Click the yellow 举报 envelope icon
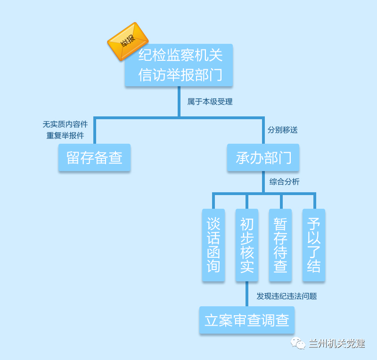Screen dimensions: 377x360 pyautogui.click(x=128, y=41)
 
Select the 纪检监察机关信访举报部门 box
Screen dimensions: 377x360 pyautogui.click(x=179, y=65)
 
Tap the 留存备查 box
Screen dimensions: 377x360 pyautogui.click(x=95, y=157)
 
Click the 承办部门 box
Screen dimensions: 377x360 pyautogui.click(x=263, y=157)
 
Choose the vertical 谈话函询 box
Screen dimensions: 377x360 pyautogui.click(x=213, y=245)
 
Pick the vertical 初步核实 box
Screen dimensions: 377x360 pyautogui.click(x=247, y=245)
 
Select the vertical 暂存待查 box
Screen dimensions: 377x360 pyautogui.click(x=280, y=245)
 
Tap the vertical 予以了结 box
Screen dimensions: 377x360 pyautogui.click(x=314, y=245)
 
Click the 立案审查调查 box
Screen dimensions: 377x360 pyautogui.click(x=247, y=320)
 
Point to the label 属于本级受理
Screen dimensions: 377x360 pyautogui.click(x=210, y=102)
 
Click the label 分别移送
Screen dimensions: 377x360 pyautogui.click(x=282, y=130)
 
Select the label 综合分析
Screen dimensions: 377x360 pyautogui.click(x=284, y=181)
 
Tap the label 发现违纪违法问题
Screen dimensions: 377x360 pyautogui.click(x=287, y=296)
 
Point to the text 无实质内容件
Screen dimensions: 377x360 pyautogui.click(x=65, y=124)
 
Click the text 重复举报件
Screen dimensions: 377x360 pyautogui.click(x=65, y=136)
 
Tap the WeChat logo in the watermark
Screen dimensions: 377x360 pyautogui.click(x=298, y=343)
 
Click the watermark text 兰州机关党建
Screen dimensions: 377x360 pyautogui.click(x=336, y=344)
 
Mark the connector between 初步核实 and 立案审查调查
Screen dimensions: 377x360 pyautogui.click(x=247, y=294)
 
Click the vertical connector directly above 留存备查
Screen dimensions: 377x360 pyautogui.click(x=95, y=131)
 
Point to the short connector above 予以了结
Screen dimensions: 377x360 pyautogui.click(x=315, y=201)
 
